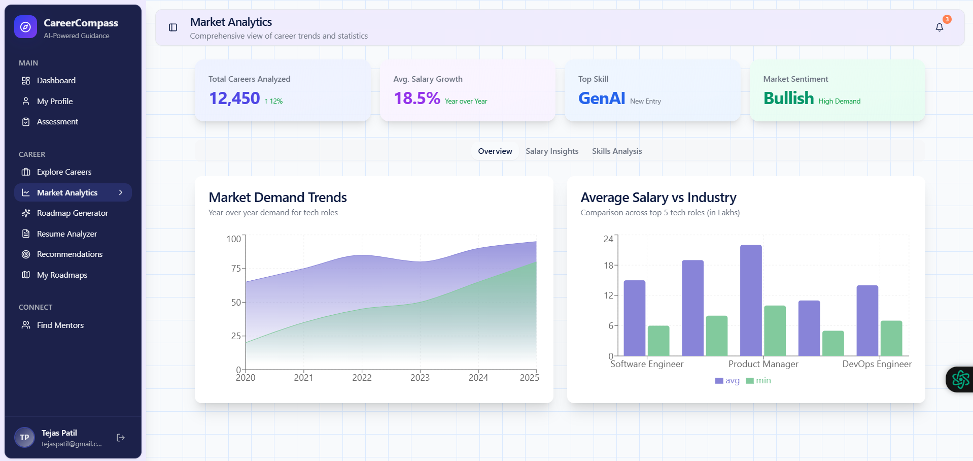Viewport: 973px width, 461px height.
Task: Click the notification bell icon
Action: [x=939, y=27]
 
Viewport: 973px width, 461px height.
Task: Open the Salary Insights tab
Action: [x=551, y=151]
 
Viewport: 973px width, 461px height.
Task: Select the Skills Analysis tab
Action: [x=616, y=151]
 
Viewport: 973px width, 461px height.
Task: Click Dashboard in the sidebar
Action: [x=56, y=81]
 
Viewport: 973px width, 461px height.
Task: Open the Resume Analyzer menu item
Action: [x=66, y=234]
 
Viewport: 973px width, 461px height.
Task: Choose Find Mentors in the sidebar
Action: [x=60, y=325]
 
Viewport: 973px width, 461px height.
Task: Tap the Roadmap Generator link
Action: [x=72, y=213]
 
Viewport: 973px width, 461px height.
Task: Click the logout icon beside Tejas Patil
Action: [x=121, y=438]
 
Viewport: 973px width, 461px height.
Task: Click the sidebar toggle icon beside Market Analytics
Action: [x=173, y=27]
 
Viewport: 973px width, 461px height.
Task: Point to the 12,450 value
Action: [x=234, y=98]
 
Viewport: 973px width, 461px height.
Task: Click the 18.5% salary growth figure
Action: [x=416, y=98]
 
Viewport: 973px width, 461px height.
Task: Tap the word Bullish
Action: [x=788, y=98]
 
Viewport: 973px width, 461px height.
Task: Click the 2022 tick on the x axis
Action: [x=362, y=378]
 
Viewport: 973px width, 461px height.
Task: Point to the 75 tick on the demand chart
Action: [x=236, y=269]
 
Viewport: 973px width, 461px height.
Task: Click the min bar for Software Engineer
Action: [x=658, y=341]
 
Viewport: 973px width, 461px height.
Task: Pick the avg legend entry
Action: [x=727, y=381]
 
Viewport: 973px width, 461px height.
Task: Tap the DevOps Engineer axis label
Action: [x=877, y=364]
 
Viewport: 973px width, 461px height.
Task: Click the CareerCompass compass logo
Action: [x=25, y=27]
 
